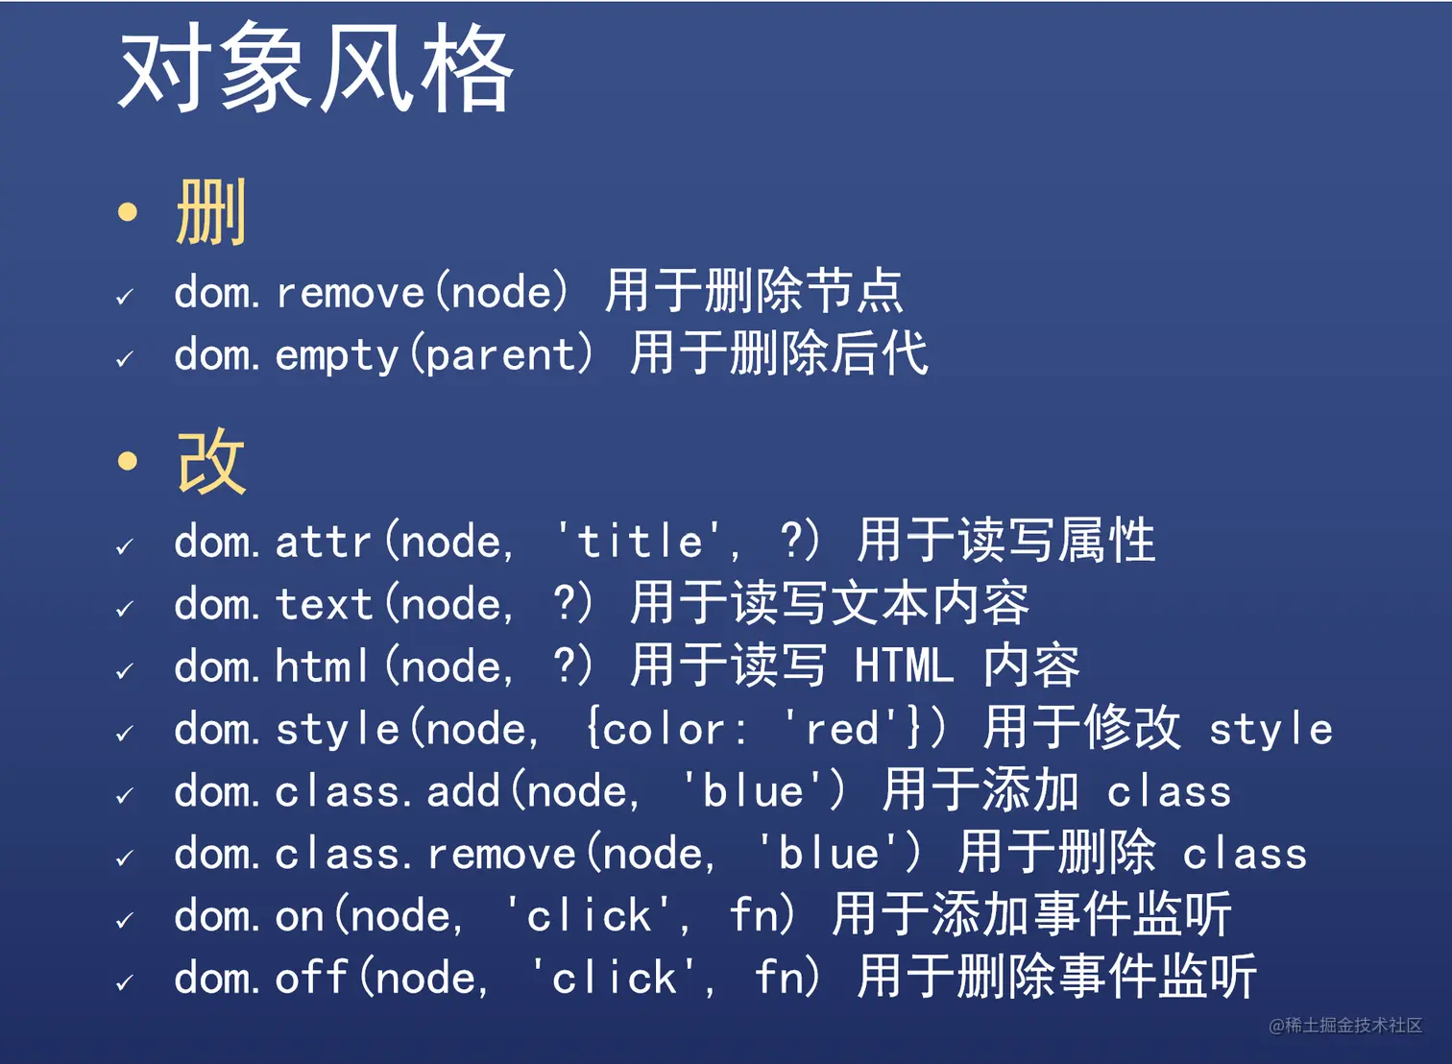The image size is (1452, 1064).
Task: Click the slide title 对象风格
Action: [x=316, y=67]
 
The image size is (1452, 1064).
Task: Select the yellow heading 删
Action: [x=211, y=211]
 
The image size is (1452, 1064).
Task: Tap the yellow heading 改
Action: [x=211, y=461]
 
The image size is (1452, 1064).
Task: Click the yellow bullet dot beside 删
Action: [x=128, y=211]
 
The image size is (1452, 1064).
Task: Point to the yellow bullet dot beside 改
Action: [x=128, y=461]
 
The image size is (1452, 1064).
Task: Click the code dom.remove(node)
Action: [x=372, y=292]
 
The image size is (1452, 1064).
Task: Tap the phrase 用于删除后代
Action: [x=779, y=353]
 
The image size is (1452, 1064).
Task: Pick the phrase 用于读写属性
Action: [x=1006, y=540]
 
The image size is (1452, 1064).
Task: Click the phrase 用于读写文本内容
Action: [x=830, y=603]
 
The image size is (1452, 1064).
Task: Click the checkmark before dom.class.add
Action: [x=125, y=795]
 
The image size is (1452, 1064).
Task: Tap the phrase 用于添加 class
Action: [x=1056, y=790]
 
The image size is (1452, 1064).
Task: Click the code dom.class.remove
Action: [x=375, y=854]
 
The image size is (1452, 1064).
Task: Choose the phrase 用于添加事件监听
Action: [x=1032, y=914]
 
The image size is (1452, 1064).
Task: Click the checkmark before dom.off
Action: [x=125, y=982]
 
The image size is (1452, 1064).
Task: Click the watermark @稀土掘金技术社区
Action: [x=1345, y=1025]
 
